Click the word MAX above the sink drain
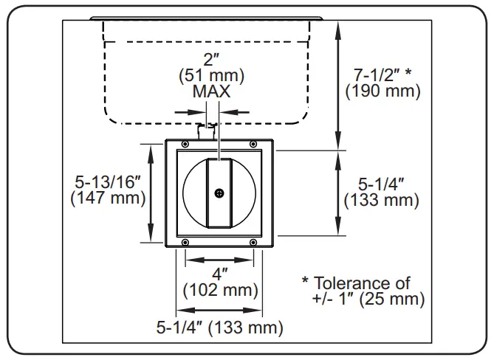pyautogui.click(x=212, y=91)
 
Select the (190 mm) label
pyautogui.click(x=383, y=91)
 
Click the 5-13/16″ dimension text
pyautogui.click(x=108, y=181)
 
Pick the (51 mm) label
pyautogui.click(x=212, y=75)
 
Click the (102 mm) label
pyautogui.click(x=219, y=290)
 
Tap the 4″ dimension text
pyautogui.click(x=219, y=274)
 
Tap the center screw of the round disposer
pyautogui.click(x=219, y=193)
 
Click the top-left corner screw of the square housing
pyautogui.click(x=184, y=144)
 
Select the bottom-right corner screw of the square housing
pyautogui.click(x=254, y=243)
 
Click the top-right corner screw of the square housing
pyautogui.click(x=254, y=144)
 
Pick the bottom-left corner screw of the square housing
pyautogui.click(x=184, y=243)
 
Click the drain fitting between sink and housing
pyautogui.click(x=207, y=132)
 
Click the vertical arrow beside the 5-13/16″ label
pyautogui.click(x=152, y=193)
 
